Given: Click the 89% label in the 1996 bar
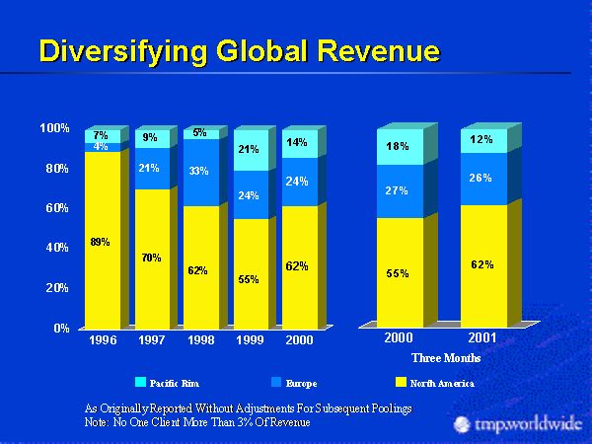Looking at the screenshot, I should [100, 242].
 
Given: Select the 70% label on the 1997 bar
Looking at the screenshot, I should [150, 259].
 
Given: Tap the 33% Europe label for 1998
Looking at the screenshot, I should [198, 172].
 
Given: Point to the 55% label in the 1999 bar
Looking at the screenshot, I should [249, 280].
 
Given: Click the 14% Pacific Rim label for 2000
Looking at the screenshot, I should [297, 143].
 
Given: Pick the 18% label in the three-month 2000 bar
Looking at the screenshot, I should [397, 146].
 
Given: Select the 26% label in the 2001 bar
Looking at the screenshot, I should [481, 179].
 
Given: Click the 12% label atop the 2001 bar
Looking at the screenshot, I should [481, 139].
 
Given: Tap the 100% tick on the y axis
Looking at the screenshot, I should [54, 128].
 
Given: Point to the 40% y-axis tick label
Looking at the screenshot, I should [54, 248].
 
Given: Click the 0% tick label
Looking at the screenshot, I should [61, 329].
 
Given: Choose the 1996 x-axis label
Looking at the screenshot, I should [103, 339].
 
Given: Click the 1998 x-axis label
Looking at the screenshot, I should [200, 339].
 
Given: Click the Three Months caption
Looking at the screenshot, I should [446, 357].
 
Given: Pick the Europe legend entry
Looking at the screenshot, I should [297, 382].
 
